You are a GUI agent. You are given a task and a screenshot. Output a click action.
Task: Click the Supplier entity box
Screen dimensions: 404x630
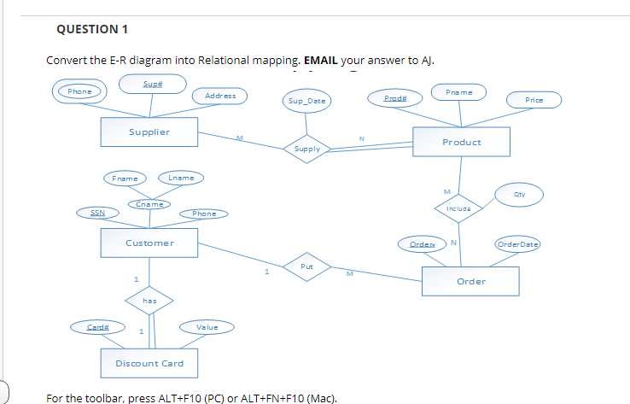point(149,132)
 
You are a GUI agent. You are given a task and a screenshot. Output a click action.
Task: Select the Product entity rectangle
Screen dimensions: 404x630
point(461,142)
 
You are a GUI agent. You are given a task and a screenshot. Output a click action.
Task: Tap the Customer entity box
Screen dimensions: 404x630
point(149,243)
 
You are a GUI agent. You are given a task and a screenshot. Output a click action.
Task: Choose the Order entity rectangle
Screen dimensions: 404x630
point(470,281)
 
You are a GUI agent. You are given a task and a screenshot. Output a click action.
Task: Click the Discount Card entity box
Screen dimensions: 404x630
point(149,363)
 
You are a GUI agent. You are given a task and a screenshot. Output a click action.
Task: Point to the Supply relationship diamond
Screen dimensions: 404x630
point(307,149)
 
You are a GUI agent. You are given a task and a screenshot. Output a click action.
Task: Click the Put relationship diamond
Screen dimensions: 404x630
point(307,266)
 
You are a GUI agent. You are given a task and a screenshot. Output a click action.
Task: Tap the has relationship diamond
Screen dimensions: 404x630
point(149,300)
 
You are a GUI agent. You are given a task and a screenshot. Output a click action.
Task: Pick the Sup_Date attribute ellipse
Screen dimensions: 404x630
point(307,102)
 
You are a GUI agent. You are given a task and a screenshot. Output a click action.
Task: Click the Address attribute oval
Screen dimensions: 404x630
point(220,96)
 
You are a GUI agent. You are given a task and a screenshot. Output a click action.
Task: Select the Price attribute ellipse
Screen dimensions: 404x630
point(534,100)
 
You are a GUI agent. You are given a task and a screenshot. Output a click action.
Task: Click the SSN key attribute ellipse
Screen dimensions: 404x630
point(97,213)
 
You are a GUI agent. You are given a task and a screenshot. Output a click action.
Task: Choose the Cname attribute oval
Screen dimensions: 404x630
point(149,204)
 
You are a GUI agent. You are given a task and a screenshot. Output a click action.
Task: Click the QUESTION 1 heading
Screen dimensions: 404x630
point(91,30)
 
